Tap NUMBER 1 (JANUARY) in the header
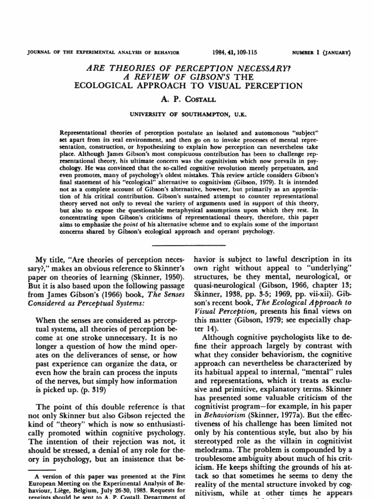tap(323, 52)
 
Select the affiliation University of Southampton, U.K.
tap(188, 115)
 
